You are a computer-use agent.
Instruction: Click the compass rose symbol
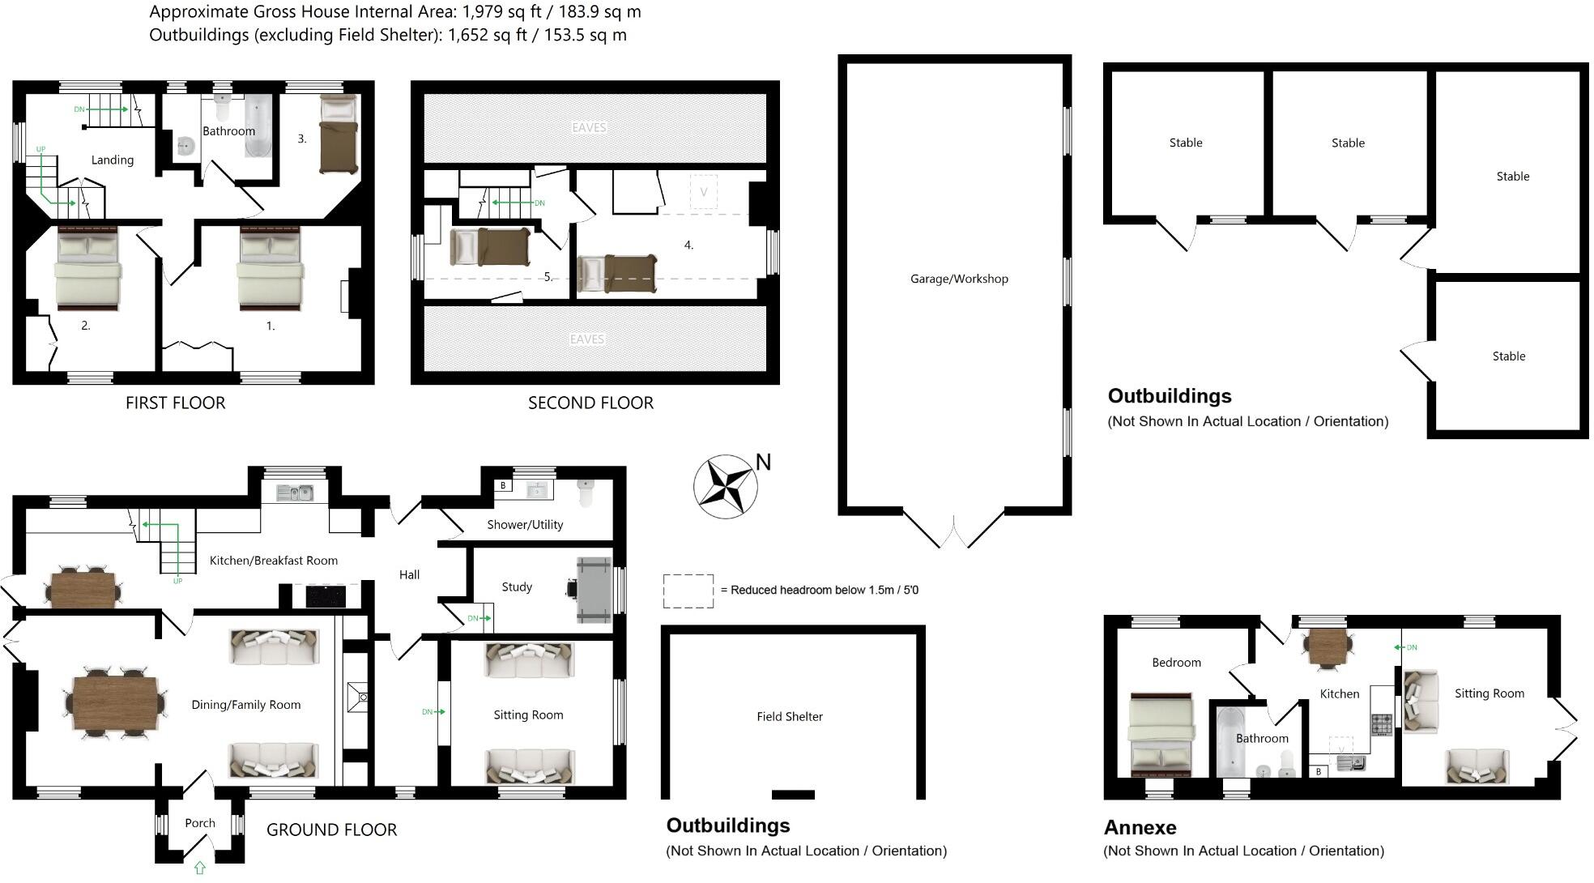tap(725, 486)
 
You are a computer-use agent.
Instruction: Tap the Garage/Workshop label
tap(959, 279)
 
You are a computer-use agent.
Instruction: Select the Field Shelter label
tap(789, 716)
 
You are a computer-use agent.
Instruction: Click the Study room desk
tap(594, 590)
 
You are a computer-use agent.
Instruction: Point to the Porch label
tap(199, 823)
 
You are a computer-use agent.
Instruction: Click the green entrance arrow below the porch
tap(199, 868)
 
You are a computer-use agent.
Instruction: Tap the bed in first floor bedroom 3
tap(338, 134)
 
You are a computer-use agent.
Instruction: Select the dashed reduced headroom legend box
tap(688, 591)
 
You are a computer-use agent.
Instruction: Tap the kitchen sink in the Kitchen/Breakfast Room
tap(295, 492)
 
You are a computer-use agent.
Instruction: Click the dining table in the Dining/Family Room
tap(114, 702)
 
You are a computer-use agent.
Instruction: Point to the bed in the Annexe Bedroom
tap(1161, 734)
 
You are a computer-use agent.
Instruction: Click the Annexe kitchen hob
tap(1381, 723)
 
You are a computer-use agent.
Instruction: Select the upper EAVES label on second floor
tap(589, 128)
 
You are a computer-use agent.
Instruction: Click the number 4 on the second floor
tap(688, 245)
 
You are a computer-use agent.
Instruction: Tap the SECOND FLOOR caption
tap(590, 403)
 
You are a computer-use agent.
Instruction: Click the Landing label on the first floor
tap(112, 160)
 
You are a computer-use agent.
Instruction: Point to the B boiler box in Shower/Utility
tap(503, 486)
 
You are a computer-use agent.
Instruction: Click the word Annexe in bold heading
tap(1140, 827)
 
